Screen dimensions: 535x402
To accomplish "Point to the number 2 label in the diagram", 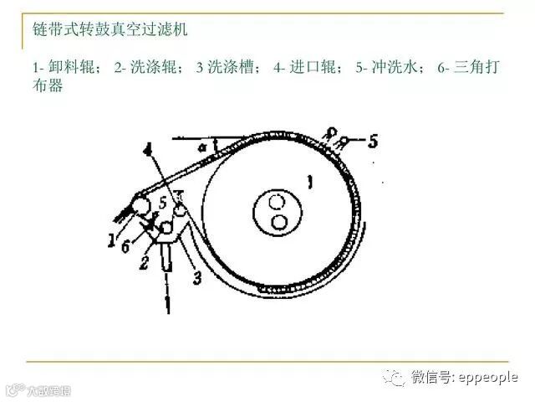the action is (x=143, y=263).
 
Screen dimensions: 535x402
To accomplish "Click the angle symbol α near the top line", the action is (x=202, y=147).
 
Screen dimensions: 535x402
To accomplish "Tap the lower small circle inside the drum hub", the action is (x=279, y=222).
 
